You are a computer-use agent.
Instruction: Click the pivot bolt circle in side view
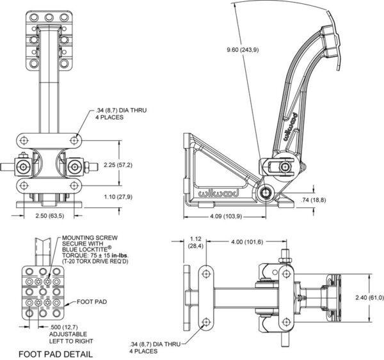tap(266, 193)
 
